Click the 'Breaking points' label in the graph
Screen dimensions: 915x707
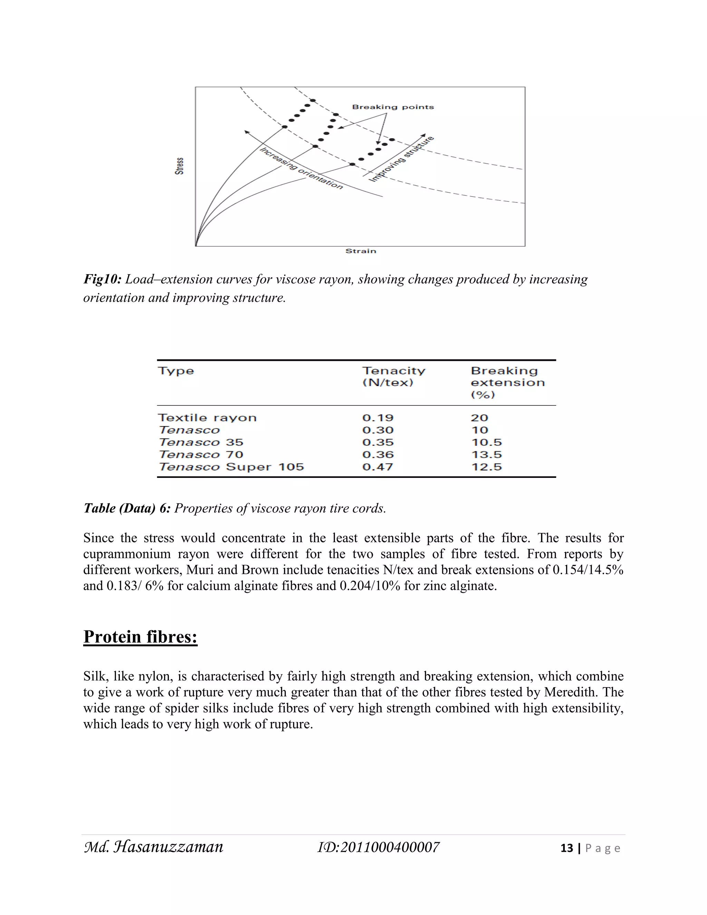click(393, 107)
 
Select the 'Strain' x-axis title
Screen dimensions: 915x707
click(361, 251)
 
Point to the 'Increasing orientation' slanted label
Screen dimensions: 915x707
click(301, 168)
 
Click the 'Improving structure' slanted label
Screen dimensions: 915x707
click(401, 160)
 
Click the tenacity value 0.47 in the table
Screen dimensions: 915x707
click(378, 467)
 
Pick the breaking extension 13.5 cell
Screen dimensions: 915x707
click(486, 455)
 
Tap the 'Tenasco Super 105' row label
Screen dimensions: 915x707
click(231, 467)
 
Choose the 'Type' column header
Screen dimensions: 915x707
click(176, 371)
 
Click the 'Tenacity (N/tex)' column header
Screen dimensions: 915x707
click(393, 377)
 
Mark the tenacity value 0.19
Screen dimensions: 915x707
click(378, 418)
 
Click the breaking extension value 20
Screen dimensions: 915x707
click(480, 418)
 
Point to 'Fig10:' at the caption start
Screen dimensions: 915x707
click(102, 279)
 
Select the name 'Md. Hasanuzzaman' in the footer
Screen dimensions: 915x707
click(154, 847)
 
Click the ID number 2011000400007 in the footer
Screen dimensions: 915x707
click(379, 847)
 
